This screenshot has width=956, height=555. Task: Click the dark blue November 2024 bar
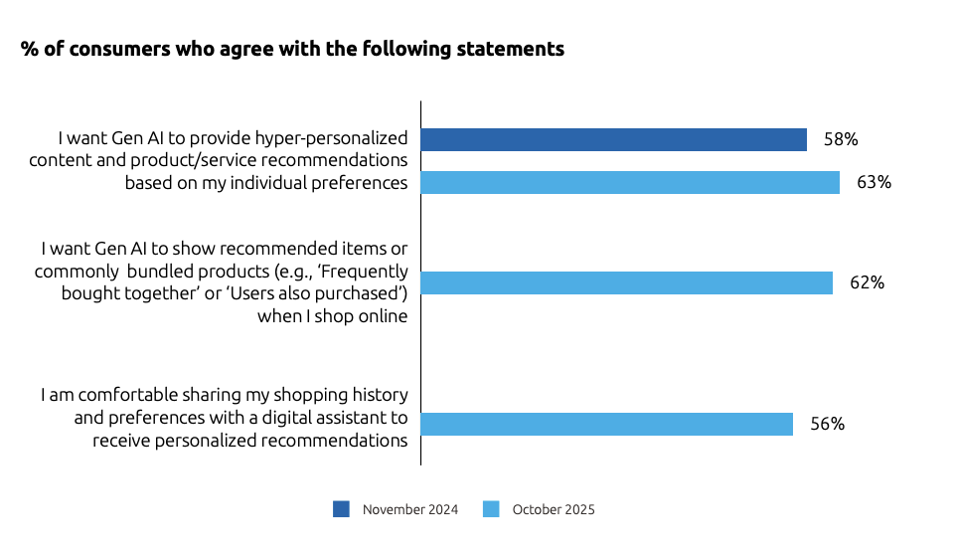tap(613, 139)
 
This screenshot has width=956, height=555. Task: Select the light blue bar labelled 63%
tap(630, 182)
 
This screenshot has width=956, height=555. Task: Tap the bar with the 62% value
tap(626, 282)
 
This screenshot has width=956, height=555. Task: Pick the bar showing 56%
tap(606, 424)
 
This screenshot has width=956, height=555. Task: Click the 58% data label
tap(841, 139)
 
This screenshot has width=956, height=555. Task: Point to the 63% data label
tap(874, 182)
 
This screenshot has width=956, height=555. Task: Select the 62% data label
tap(867, 282)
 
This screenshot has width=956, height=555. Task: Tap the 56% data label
tap(827, 424)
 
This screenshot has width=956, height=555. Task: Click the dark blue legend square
tap(341, 509)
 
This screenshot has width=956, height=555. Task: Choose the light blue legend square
tap(490, 509)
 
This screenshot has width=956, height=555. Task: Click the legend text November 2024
tap(409, 509)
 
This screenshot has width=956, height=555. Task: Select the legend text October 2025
tap(553, 509)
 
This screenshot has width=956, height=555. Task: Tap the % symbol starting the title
tap(28, 49)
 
